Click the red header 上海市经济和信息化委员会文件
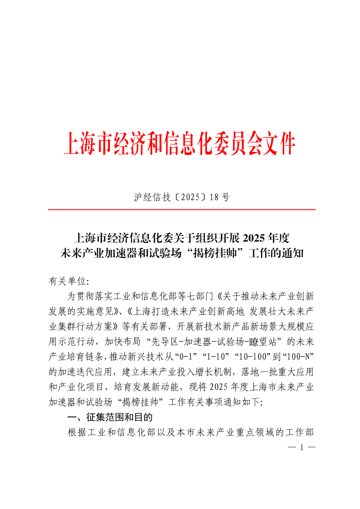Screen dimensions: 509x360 pos(180,143)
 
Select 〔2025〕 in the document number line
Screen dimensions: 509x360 pos(190,197)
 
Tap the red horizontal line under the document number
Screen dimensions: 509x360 pos(182,210)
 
